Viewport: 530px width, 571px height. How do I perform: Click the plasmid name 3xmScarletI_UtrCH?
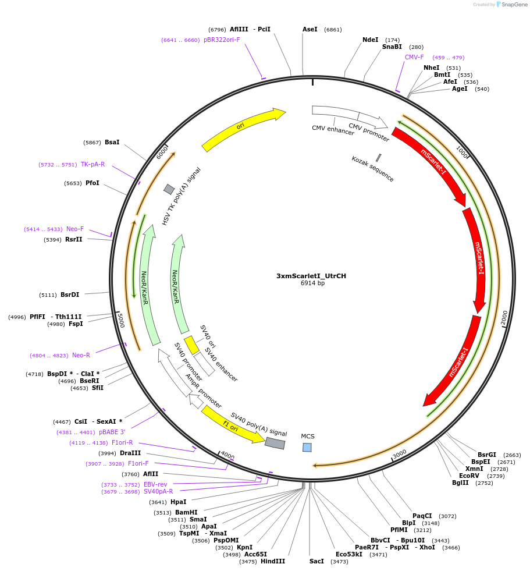click(x=311, y=276)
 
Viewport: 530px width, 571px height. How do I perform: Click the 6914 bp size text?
click(x=312, y=283)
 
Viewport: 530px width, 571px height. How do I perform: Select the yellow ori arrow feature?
click(x=243, y=129)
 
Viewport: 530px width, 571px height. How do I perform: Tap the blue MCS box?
click(x=307, y=447)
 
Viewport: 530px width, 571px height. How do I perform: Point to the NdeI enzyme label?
click(x=370, y=40)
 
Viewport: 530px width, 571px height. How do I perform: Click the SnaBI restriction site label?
click(x=392, y=47)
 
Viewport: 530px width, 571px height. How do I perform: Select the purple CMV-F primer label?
click(x=414, y=58)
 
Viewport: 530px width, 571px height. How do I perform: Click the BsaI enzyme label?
click(x=112, y=143)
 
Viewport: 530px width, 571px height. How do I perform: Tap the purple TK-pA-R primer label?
click(x=93, y=165)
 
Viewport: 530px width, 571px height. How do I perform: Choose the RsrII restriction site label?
click(x=74, y=240)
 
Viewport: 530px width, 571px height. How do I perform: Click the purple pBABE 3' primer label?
click(x=112, y=432)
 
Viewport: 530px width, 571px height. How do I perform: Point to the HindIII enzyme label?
click(x=272, y=562)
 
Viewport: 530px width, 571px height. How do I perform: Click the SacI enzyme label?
click(x=316, y=562)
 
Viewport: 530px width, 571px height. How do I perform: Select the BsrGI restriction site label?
click(x=487, y=455)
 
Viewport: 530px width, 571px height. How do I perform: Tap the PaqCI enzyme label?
click(x=422, y=516)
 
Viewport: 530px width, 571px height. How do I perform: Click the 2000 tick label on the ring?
click(x=504, y=318)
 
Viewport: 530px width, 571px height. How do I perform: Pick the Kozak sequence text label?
click(x=372, y=169)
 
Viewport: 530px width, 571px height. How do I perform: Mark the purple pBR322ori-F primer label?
click(x=222, y=40)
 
